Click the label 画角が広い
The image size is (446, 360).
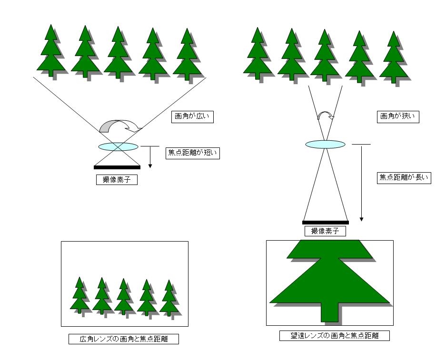[192, 117]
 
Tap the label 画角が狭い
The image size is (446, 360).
[398, 117]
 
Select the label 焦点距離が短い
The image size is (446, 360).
[193, 153]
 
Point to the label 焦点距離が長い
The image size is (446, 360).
[404, 178]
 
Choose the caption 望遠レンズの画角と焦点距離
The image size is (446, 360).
[335, 336]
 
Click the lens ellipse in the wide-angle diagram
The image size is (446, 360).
[118, 146]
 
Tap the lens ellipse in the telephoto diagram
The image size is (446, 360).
[325, 144]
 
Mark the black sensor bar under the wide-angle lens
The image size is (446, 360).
[117, 167]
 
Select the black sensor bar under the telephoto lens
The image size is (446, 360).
[326, 222]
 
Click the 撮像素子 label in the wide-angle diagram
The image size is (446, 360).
[117, 180]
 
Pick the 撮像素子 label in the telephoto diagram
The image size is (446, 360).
[325, 231]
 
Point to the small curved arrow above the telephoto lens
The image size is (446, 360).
[325, 116]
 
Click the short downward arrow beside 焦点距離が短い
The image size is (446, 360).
[150, 157]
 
